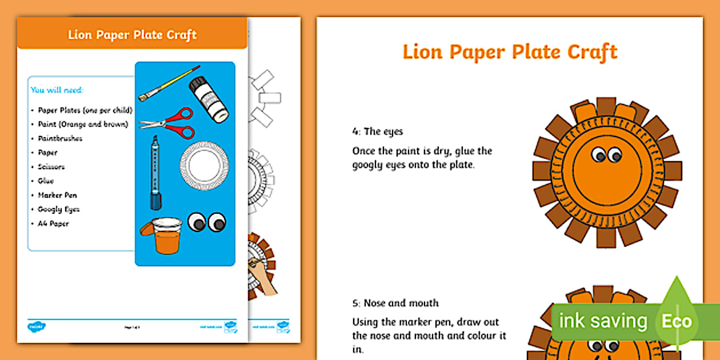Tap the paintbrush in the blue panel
(x=169, y=83)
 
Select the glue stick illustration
(x=209, y=99)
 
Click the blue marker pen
(x=155, y=172)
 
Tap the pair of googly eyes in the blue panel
(x=207, y=222)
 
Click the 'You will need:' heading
(x=57, y=90)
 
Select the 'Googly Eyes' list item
(x=58, y=209)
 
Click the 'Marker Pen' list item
(x=57, y=195)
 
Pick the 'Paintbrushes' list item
(x=60, y=138)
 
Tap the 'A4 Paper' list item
(x=53, y=223)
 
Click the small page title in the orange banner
(x=132, y=35)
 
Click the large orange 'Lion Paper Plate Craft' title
(x=510, y=51)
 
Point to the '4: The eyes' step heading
(x=377, y=131)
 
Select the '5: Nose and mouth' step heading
(x=395, y=303)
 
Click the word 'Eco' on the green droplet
(x=677, y=321)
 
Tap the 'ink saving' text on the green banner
(x=603, y=321)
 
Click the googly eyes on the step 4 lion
(x=607, y=154)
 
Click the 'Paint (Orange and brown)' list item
(x=83, y=124)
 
